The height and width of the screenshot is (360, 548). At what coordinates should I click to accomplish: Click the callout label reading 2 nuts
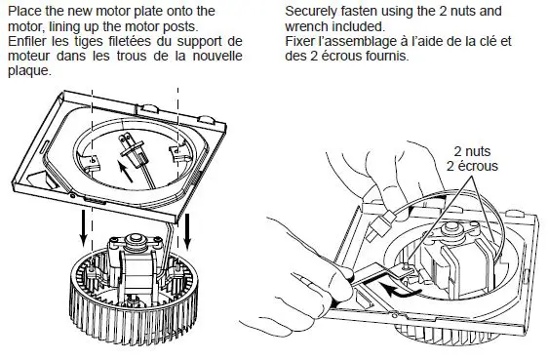pyautogui.click(x=470, y=151)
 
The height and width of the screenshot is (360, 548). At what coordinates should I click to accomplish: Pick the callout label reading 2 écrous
pyautogui.click(x=470, y=167)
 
